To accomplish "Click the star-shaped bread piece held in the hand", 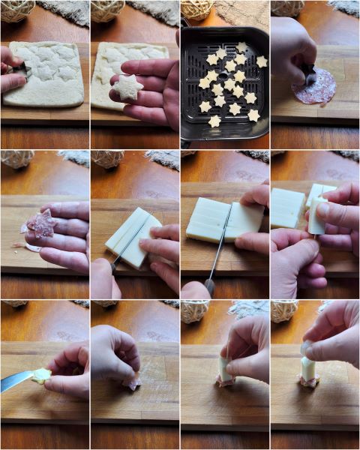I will (x=127, y=88).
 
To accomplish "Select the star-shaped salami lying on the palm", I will (x=41, y=223).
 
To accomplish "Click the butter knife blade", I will (x=15, y=380).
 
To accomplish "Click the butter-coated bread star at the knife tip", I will (x=40, y=375).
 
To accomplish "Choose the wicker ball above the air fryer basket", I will (x=197, y=9).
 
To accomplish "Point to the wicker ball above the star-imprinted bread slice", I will (x=16, y=9).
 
